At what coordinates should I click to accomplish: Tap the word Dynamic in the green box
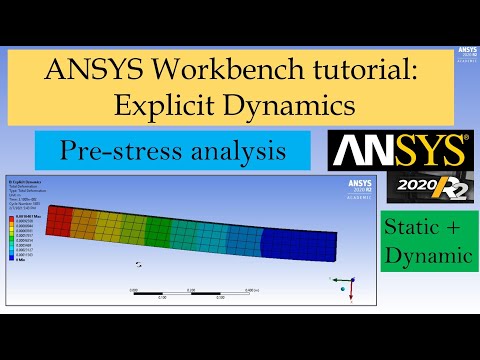tap(427, 256)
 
